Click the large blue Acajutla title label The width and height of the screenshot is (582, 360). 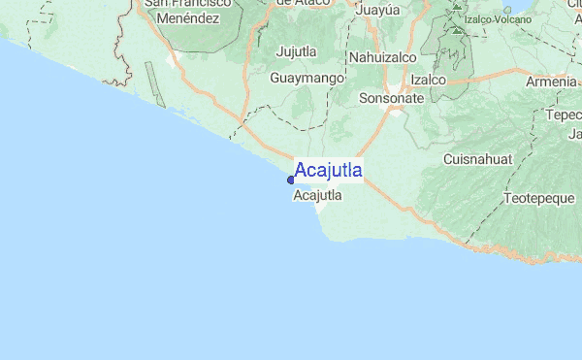[x=329, y=172]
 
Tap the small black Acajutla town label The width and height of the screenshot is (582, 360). [x=316, y=195]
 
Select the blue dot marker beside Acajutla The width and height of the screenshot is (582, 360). [x=291, y=180]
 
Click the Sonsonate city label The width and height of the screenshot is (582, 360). [x=391, y=98]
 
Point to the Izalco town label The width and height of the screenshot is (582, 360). [x=428, y=79]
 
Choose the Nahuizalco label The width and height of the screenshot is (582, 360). [x=382, y=58]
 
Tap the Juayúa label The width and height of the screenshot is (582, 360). [x=378, y=11]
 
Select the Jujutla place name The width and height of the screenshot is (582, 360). [x=298, y=51]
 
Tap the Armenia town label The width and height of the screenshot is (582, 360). [x=551, y=82]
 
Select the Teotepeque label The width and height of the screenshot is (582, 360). [x=538, y=199]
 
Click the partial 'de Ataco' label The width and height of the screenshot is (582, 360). [x=298, y=4]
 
